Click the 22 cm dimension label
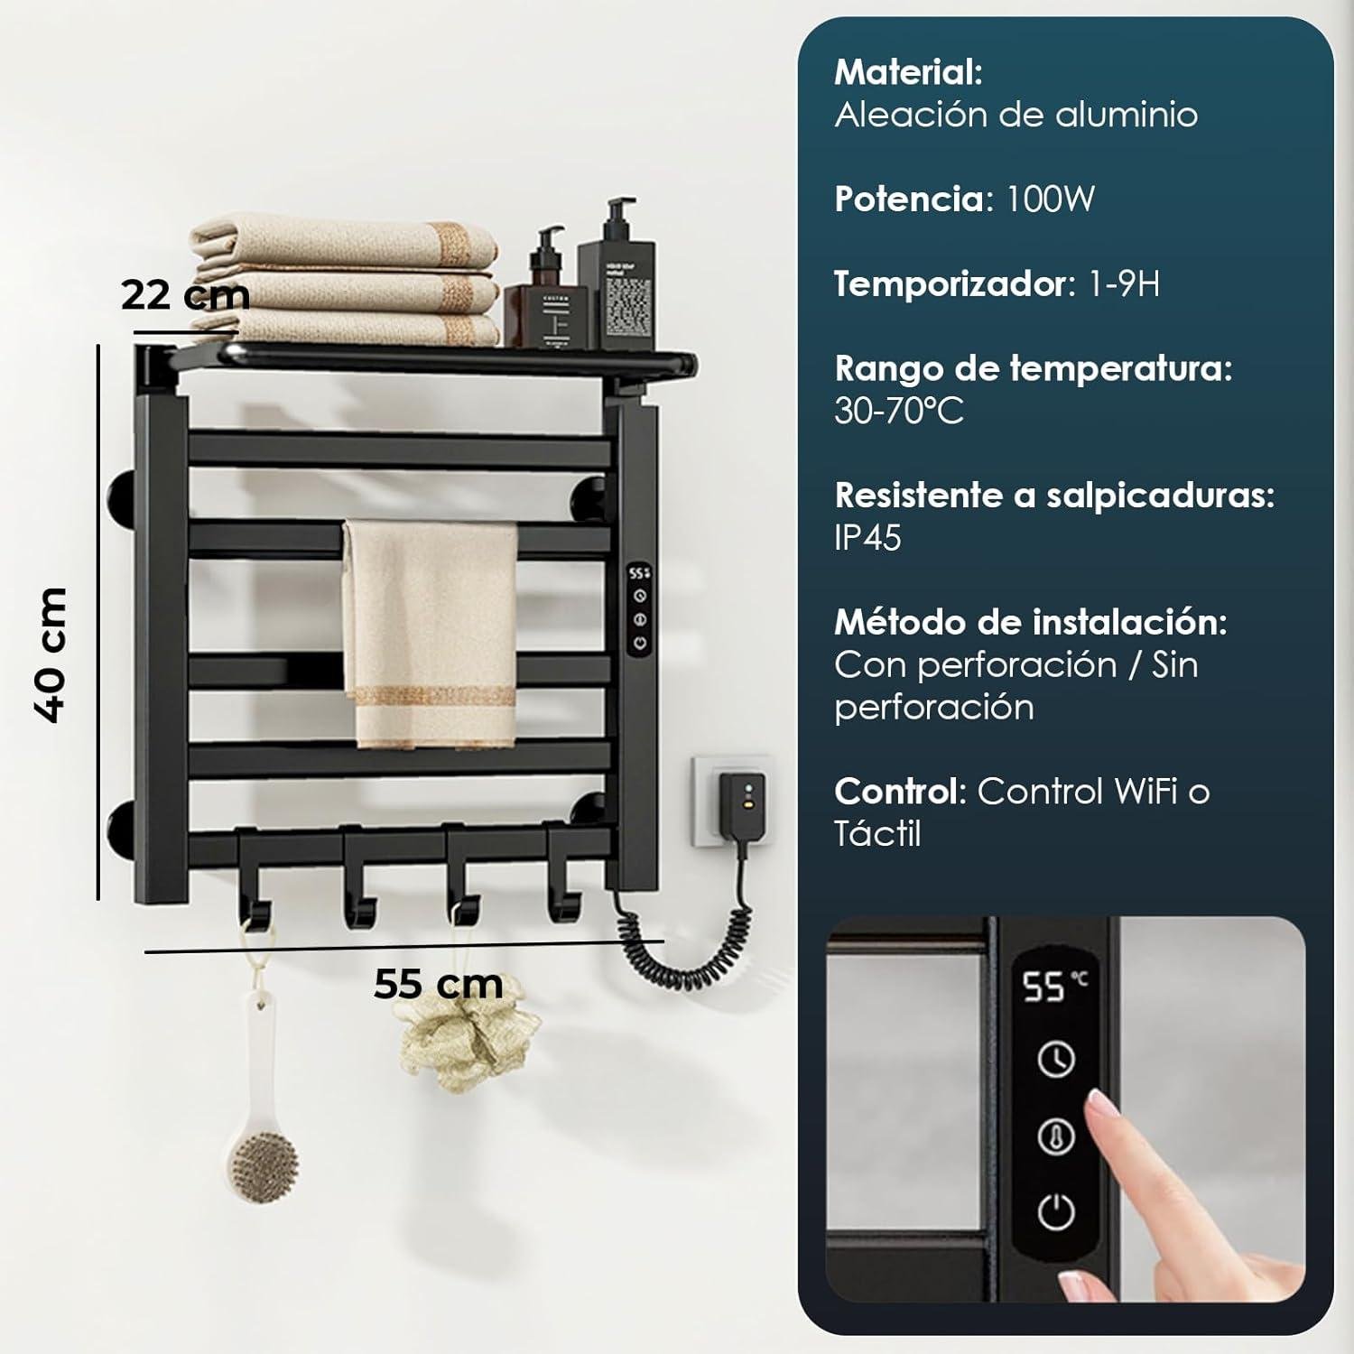(185, 296)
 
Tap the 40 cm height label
(50, 654)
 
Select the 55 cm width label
(439, 984)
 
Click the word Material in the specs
(908, 72)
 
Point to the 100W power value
(1051, 199)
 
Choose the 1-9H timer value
(1125, 283)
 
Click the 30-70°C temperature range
(899, 411)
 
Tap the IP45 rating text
(868, 538)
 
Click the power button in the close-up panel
(1056, 1213)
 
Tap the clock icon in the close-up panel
(1056, 1060)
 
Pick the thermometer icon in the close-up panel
(1056, 1136)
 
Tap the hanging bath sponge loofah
(469, 1038)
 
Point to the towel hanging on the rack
(430, 632)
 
